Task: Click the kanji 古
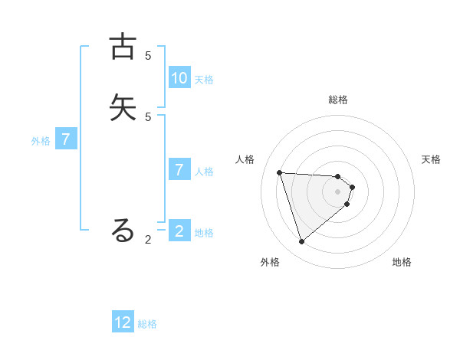pyautogui.click(x=123, y=47)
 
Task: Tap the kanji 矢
pyautogui.click(x=123, y=107)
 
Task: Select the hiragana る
pyautogui.click(x=123, y=230)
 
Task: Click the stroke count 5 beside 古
pyautogui.click(x=148, y=56)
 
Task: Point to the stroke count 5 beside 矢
pyautogui.click(x=148, y=116)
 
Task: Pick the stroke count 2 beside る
pyautogui.click(x=148, y=240)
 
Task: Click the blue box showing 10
pyautogui.click(x=179, y=78)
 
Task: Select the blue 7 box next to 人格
pyautogui.click(x=179, y=170)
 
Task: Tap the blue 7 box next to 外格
pyautogui.click(x=67, y=139)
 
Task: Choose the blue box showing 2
pyautogui.click(x=179, y=231)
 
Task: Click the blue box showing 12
pyautogui.click(x=123, y=322)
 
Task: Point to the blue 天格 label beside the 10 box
pyautogui.click(x=204, y=80)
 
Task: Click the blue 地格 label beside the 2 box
pyautogui.click(x=204, y=233)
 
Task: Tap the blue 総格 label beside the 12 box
pyautogui.click(x=147, y=324)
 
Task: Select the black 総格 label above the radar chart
pyautogui.click(x=338, y=100)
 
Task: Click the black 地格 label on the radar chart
pyautogui.click(x=402, y=263)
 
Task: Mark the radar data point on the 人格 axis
pyautogui.click(x=280, y=172)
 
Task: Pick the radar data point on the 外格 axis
pyautogui.click(x=301, y=242)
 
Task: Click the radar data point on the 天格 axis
pyautogui.click(x=353, y=187)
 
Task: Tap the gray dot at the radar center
pyautogui.click(x=338, y=201)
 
